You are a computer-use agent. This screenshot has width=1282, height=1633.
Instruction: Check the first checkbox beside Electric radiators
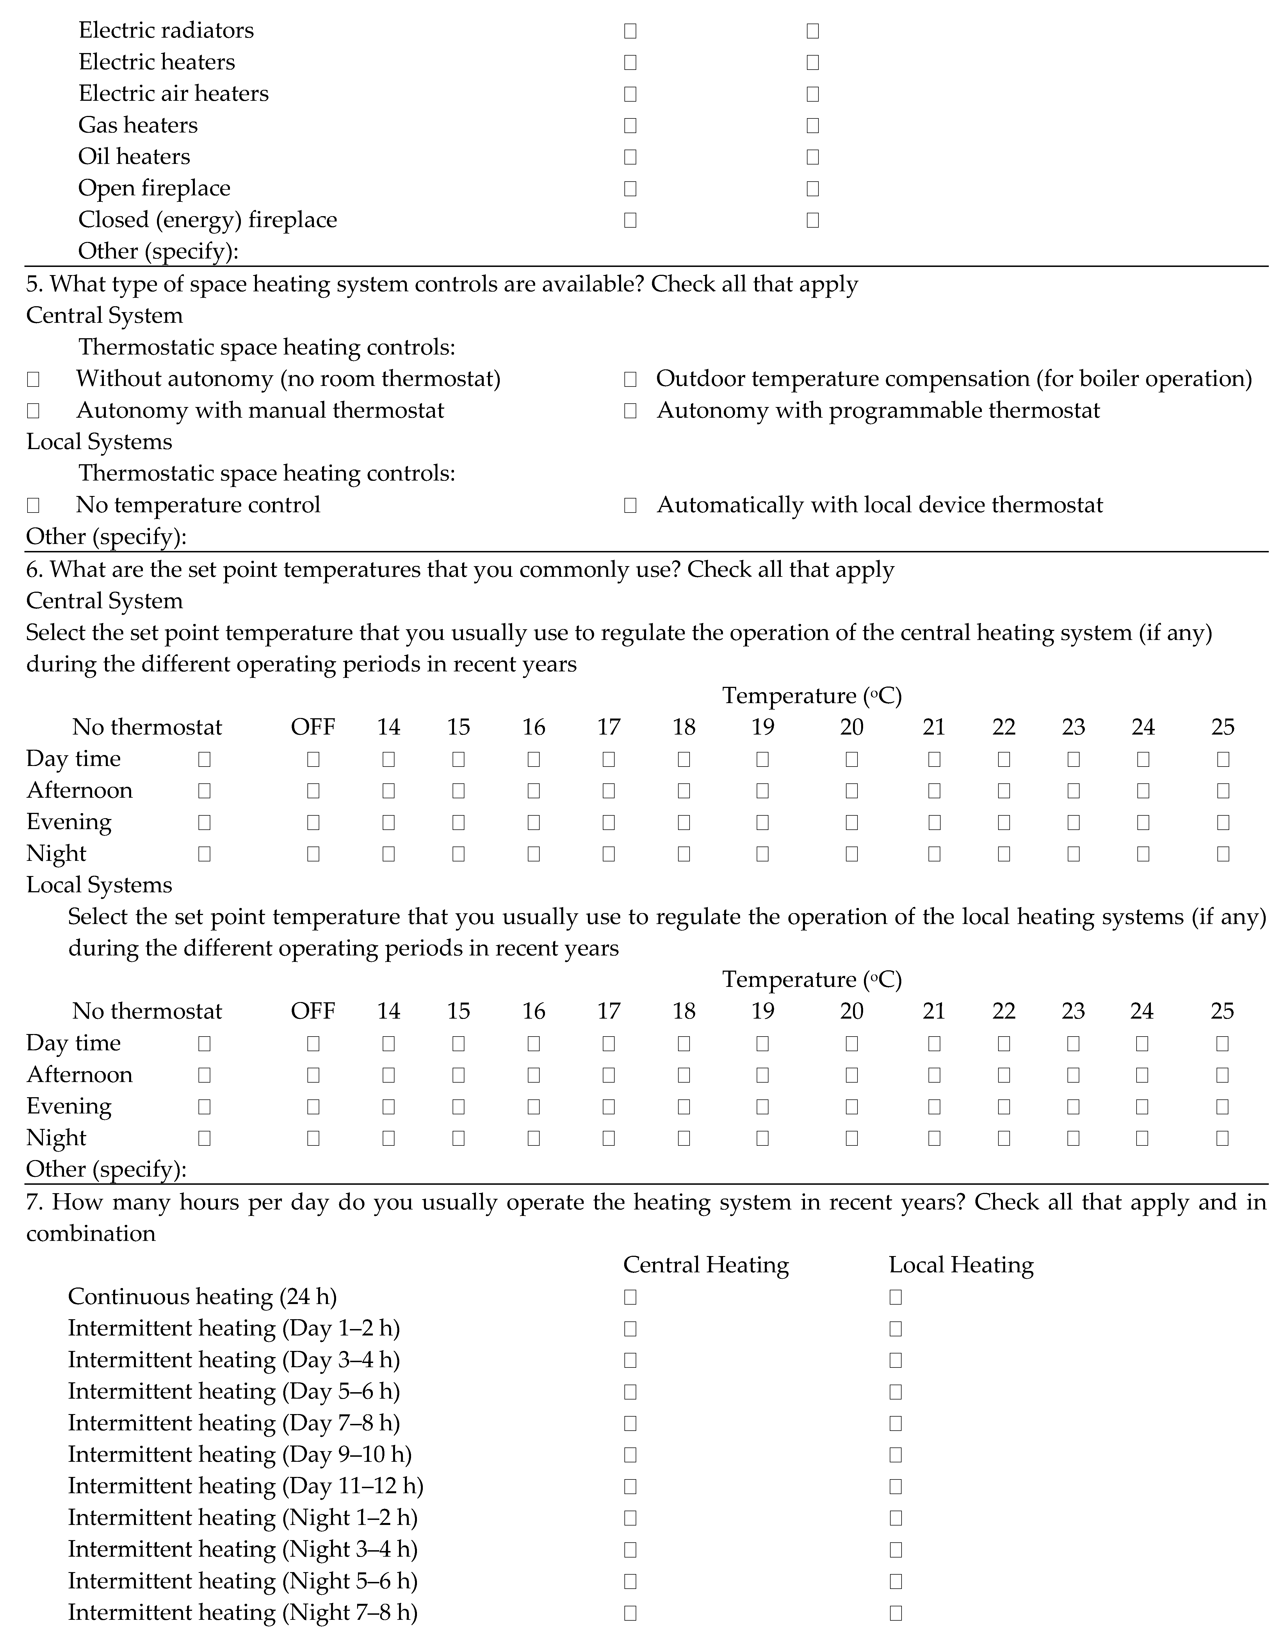(x=631, y=31)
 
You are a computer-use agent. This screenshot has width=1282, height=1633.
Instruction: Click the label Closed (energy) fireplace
(x=207, y=220)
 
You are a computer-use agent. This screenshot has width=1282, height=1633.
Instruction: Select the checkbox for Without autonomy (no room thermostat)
(x=33, y=379)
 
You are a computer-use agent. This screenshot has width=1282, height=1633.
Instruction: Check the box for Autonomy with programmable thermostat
(x=631, y=411)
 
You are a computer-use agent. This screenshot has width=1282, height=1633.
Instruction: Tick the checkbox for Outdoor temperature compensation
(x=631, y=379)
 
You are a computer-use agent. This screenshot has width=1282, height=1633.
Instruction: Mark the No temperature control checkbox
(x=33, y=505)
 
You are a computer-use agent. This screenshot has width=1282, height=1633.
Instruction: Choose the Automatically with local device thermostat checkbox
(x=631, y=505)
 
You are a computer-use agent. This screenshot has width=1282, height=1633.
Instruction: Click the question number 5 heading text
(x=441, y=284)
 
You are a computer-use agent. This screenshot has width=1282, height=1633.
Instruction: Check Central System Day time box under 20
(x=851, y=760)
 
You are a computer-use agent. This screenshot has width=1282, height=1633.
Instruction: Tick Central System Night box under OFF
(x=313, y=854)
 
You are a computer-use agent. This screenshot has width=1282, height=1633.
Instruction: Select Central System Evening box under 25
(x=1223, y=822)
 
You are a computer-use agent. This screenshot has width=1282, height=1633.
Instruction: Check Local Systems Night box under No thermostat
(x=204, y=1138)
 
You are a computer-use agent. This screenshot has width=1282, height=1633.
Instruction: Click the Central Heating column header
(x=706, y=1265)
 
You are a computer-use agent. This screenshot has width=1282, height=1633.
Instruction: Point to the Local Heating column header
(x=961, y=1265)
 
